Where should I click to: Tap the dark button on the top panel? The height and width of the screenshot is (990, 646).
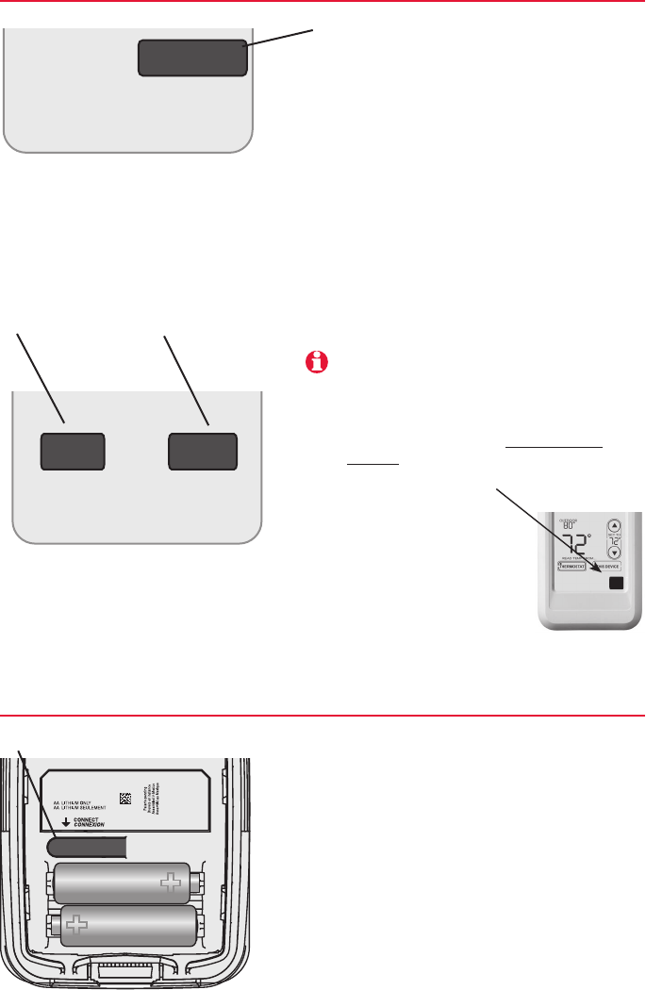point(193,58)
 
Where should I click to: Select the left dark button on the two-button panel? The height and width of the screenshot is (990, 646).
point(72,452)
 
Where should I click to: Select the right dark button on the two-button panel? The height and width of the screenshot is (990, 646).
point(202,452)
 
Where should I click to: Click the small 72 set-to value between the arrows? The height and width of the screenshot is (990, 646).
point(616,544)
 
